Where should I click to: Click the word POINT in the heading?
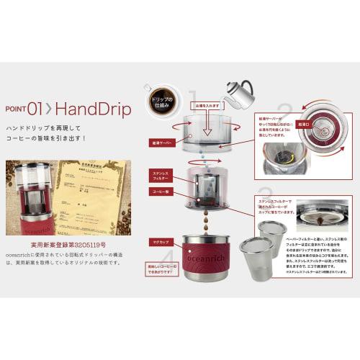pos(15,109)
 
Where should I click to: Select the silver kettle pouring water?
pos(238,93)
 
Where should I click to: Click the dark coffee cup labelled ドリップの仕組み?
pos(158,96)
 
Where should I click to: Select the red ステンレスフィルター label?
pos(160,176)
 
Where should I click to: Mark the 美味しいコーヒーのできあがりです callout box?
pos(161,270)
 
